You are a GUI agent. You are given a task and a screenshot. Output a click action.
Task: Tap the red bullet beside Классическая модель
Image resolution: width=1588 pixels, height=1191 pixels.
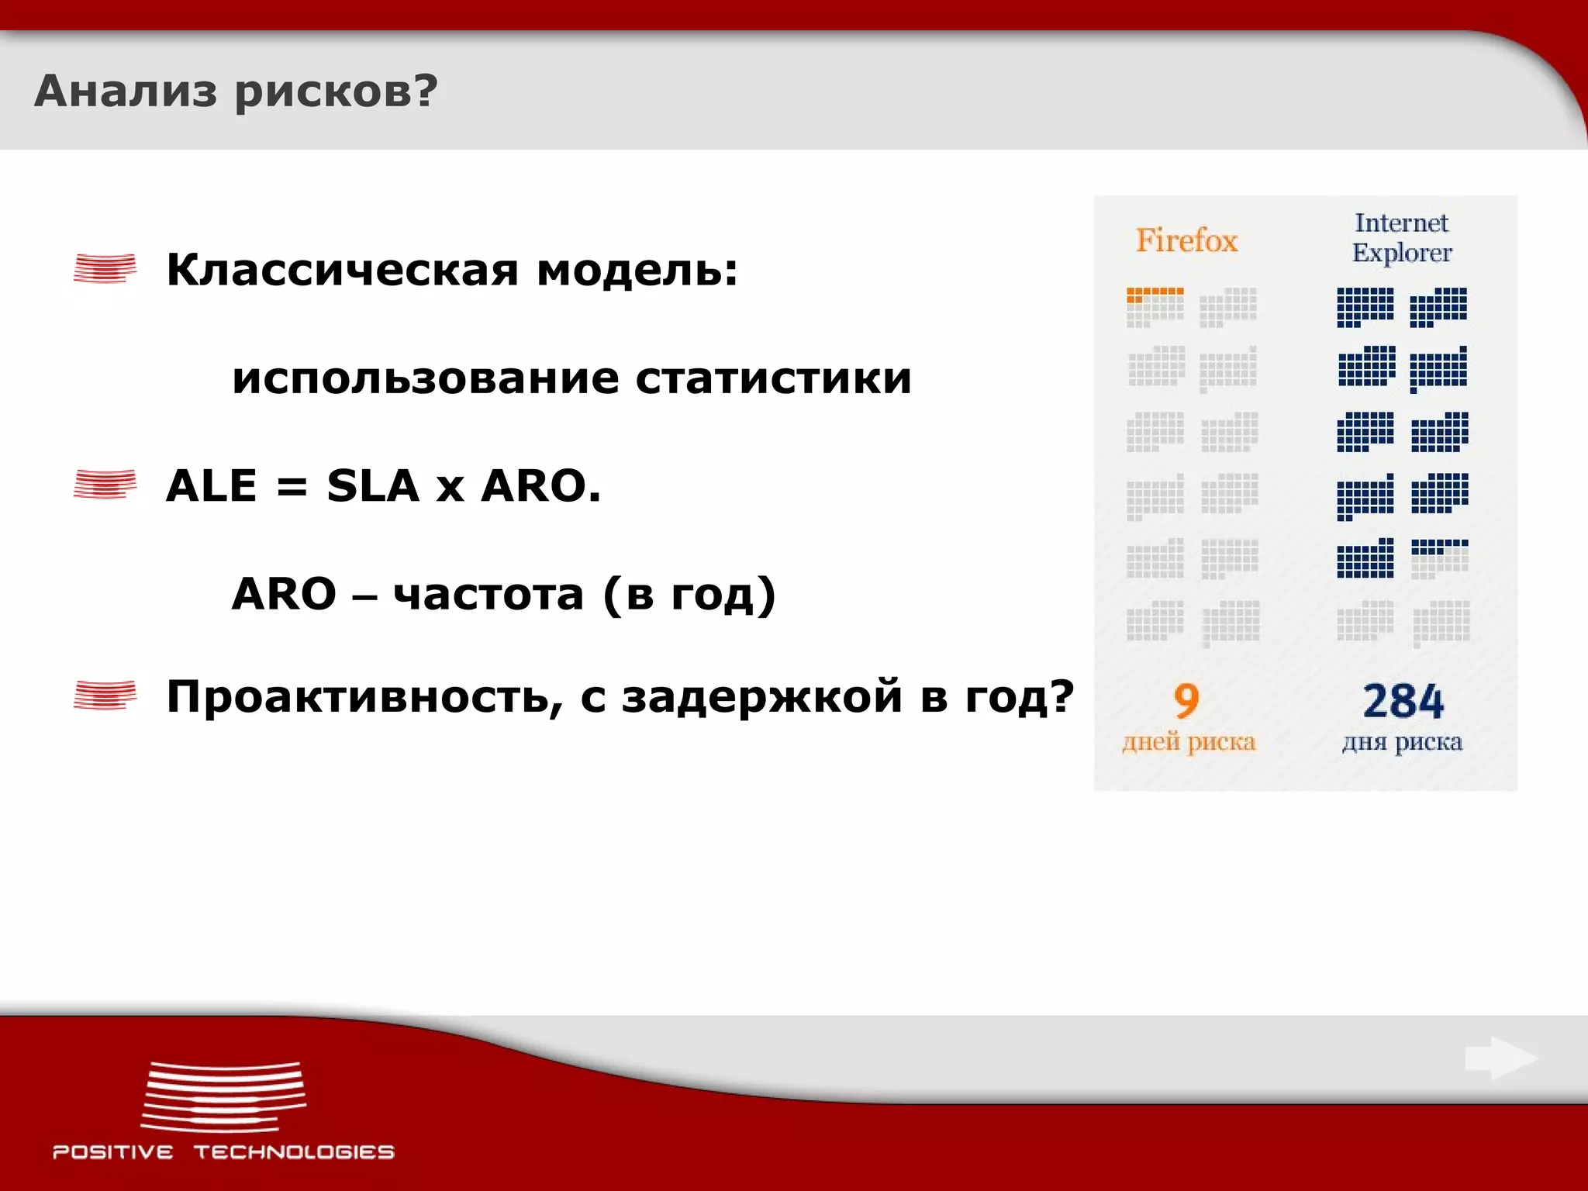[105, 269]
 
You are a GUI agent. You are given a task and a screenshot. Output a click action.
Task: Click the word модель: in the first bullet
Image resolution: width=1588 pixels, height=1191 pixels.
[637, 271]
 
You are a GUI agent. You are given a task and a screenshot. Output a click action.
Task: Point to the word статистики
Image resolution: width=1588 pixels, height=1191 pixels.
[773, 378]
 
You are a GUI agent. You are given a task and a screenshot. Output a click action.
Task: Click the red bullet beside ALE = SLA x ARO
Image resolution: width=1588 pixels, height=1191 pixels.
[105, 485]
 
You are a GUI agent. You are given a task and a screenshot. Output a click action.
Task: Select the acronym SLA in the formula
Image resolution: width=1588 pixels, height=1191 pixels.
[373, 486]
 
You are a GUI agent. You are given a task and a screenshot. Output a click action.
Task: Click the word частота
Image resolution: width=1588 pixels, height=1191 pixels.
[488, 595]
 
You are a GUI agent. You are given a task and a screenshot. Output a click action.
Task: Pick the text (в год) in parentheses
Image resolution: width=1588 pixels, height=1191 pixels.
[690, 595]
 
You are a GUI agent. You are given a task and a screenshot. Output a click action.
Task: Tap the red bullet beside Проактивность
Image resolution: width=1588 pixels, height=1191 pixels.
[105, 695]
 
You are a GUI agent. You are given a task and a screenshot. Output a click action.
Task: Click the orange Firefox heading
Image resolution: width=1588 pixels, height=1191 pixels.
[1186, 240]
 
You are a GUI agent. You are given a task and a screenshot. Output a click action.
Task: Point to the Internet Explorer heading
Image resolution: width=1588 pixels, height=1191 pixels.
[1401, 237]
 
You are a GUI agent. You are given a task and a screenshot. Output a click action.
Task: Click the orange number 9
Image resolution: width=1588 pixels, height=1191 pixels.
[1186, 701]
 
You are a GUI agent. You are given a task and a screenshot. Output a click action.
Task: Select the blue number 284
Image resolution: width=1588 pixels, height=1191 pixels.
[1403, 701]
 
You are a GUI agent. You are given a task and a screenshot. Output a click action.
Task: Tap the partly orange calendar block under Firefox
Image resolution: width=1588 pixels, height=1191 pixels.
[1155, 307]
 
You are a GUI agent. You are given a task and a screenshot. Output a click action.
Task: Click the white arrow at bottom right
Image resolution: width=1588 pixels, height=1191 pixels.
[1501, 1058]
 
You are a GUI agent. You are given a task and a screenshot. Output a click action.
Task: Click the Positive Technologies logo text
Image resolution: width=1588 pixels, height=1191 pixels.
[223, 1152]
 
